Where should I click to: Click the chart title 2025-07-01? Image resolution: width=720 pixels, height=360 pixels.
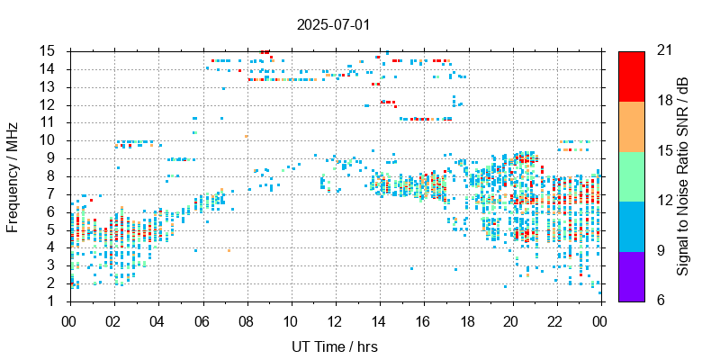pyautogui.click(x=333, y=24)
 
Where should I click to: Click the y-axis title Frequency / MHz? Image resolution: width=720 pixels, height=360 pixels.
pyautogui.click(x=13, y=175)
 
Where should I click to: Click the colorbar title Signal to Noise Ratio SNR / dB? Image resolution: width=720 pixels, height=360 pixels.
pyautogui.click(x=683, y=175)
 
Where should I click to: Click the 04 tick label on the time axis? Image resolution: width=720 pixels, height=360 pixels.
pyautogui.click(x=157, y=319)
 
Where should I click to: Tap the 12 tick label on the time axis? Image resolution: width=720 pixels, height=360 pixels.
pyautogui.click(x=335, y=319)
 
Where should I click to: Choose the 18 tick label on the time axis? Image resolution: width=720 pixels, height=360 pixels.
pyautogui.click(x=468, y=319)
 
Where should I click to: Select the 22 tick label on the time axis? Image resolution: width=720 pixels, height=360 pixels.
pyautogui.click(x=556, y=319)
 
